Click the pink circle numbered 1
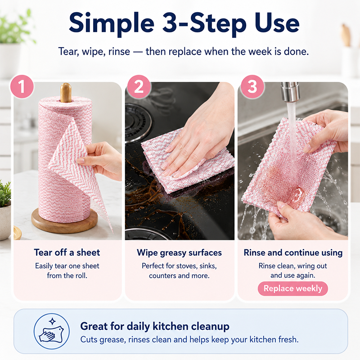coord(22,86)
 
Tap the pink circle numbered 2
coord(139,86)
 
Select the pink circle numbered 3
coord(252,86)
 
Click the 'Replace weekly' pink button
coord(293,288)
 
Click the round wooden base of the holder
coord(64,220)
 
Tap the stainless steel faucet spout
coord(290,92)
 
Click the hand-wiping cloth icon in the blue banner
coord(52,331)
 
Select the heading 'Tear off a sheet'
coord(67,252)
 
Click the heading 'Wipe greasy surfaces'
coord(179,252)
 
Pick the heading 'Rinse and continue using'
coord(293,252)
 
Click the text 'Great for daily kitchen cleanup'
coord(155,326)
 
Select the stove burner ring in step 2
coord(138,120)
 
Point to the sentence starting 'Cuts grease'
coord(189,339)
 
